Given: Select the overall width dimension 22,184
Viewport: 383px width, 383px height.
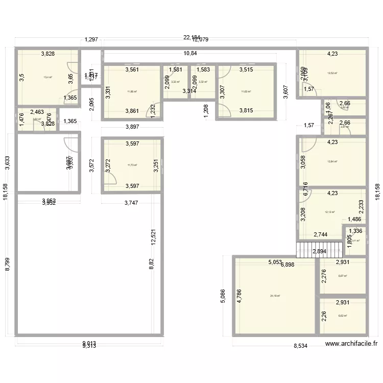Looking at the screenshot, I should click(x=192, y=37).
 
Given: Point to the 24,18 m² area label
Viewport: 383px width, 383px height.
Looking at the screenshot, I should click(x=275, y=296).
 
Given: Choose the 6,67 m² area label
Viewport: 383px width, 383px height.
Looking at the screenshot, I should click(x=342, y=276).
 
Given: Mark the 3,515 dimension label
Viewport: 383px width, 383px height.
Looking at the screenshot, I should click(x=246, y=69).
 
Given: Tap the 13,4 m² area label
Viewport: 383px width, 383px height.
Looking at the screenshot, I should click(x=47, y=77).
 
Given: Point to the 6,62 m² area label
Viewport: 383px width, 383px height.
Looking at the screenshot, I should click(x=342, y=316).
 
